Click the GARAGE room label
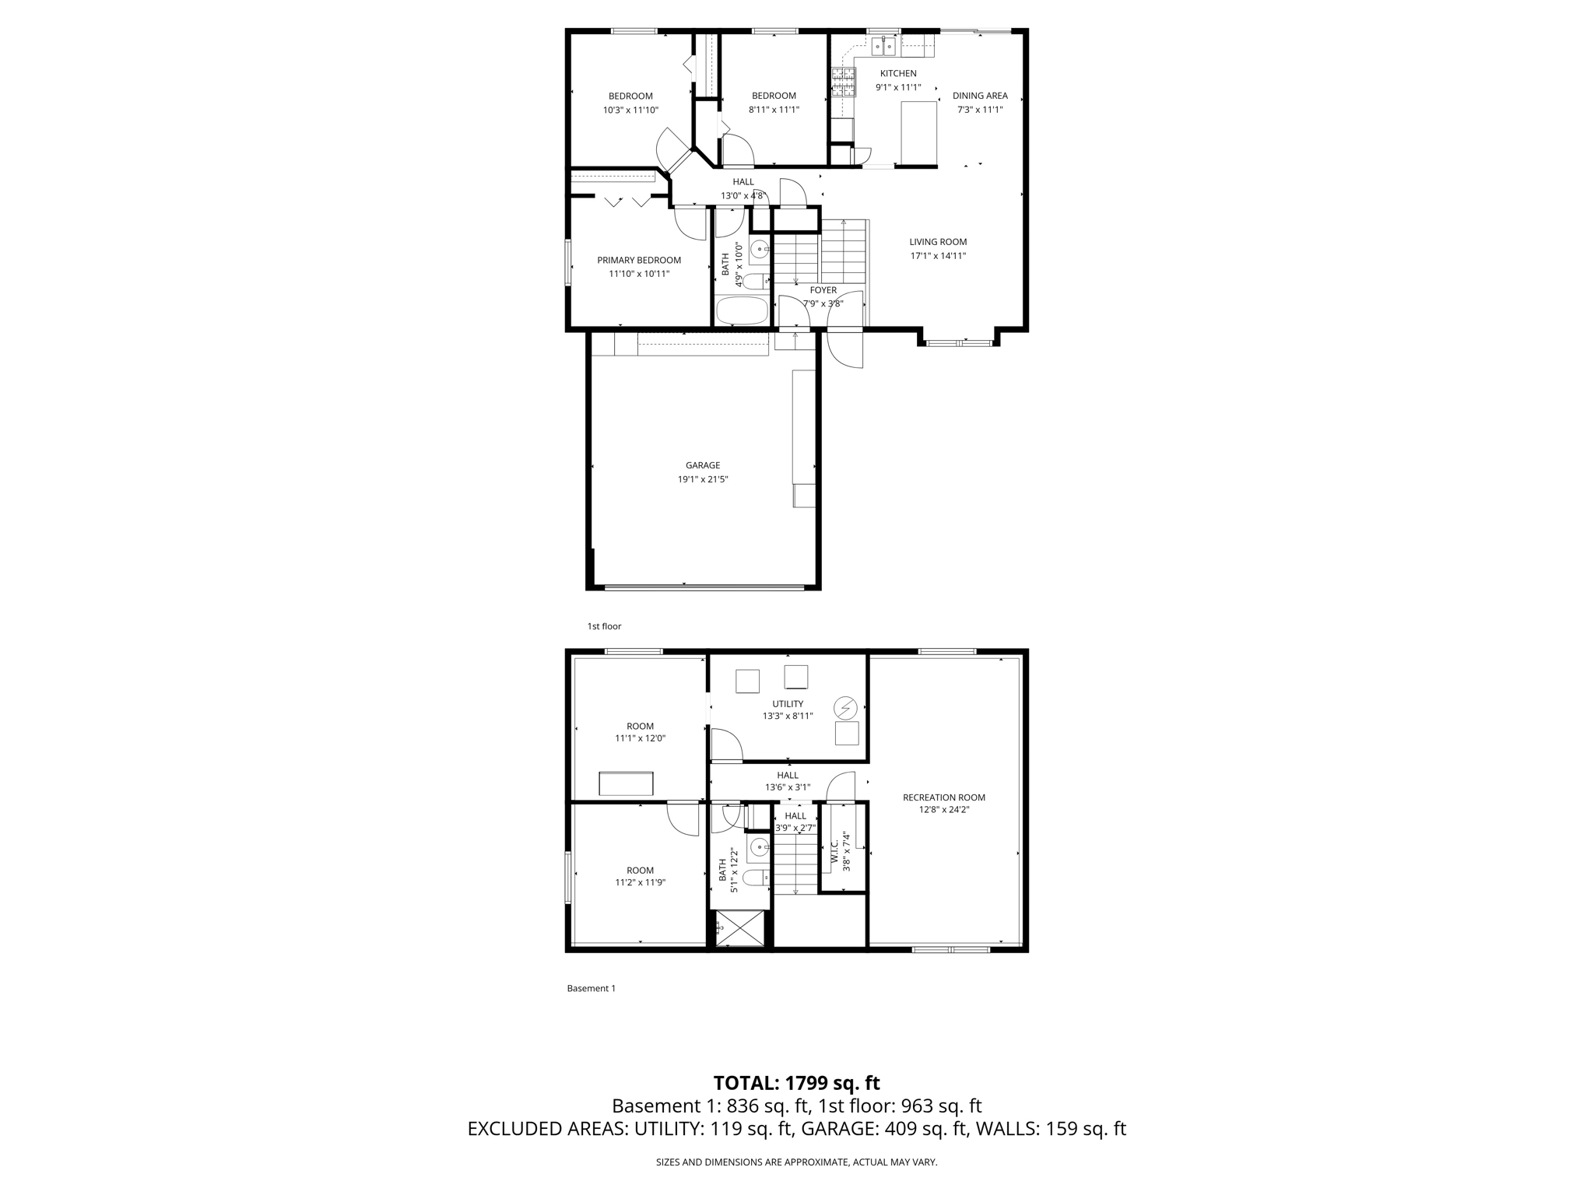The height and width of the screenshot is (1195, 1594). tap(702, 465)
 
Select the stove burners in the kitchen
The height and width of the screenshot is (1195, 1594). tap(843, 81)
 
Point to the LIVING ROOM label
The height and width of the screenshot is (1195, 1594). tap(938, 242)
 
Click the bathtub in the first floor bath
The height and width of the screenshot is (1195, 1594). tap(741, 310)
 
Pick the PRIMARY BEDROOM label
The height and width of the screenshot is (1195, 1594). tap(639, 260)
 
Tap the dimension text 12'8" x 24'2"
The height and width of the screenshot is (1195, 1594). tap(943, 809)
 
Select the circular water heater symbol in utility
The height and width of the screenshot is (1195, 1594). tap(845, 707)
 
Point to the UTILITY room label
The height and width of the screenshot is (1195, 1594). tap(788, 703)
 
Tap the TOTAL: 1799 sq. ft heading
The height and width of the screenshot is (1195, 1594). tap(796, 1082)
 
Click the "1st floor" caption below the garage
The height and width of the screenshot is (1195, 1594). tap(604, 626)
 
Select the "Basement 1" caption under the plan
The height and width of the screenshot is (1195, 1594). tap(591, 988)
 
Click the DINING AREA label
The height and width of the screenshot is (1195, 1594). tap(980, 96)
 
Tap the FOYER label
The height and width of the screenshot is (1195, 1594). tap(823, 290)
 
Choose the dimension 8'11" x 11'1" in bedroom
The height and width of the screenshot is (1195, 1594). tap(774, 110)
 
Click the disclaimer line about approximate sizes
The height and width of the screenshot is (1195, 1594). tap(796, 1162)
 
